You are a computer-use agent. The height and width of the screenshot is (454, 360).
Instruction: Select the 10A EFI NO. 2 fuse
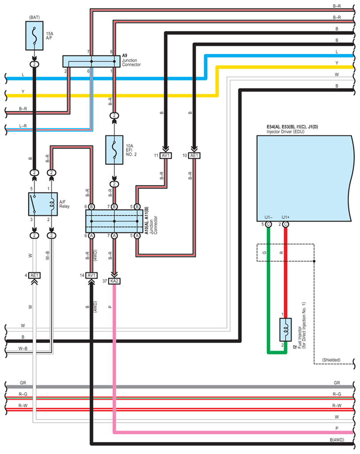coord(114,150)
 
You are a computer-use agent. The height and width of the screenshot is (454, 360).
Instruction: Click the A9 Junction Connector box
coord(91,62)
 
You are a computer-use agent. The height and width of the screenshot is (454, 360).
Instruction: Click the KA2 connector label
coord(114,281)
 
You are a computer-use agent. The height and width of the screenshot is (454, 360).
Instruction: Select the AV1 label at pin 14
coord(92,275)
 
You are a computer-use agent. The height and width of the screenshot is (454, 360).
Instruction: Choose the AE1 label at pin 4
coord(35,275)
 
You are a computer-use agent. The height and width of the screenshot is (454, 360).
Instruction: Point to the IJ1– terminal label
coord(268,217)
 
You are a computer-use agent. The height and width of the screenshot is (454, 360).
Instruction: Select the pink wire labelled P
coord(114,354)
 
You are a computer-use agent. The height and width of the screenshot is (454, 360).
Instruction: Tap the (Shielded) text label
coord(331,360)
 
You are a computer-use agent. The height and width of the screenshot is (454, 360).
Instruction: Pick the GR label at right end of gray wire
coord(337,382)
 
